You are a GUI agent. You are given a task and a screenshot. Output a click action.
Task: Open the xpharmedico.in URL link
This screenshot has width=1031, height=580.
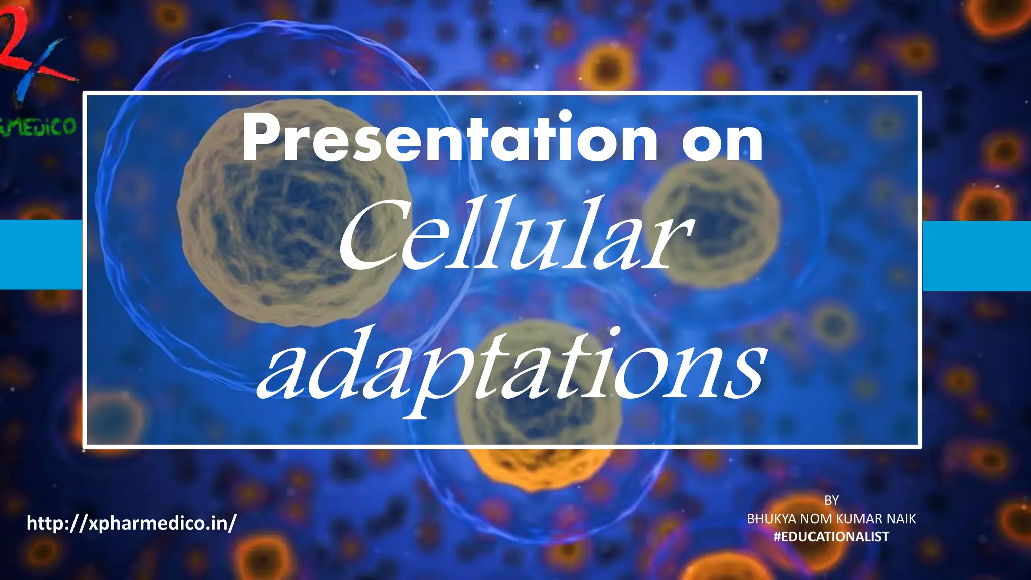click(131, 523)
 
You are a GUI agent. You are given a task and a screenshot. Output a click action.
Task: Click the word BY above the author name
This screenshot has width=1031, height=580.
click(831, 500)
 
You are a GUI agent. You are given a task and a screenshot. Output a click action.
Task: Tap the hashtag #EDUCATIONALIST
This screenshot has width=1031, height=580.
click(831, 537)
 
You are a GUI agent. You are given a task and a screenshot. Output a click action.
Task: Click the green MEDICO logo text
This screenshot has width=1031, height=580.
click(38, 127)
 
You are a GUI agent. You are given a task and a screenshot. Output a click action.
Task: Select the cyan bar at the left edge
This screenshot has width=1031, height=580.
click(40, 254)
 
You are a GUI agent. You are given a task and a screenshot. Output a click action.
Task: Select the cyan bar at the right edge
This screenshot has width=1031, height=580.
click(977, 255)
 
